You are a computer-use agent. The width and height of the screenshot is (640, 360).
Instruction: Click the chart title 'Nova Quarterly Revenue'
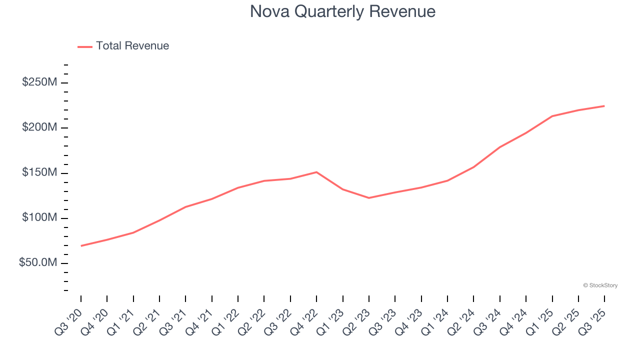(x=342, y=11)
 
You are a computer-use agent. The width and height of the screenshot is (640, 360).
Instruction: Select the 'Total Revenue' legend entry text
(x=132, y=46)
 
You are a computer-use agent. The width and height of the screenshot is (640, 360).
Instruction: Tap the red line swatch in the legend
(x=85, y=46)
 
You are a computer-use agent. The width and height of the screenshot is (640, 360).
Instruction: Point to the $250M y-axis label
(x=39, y=82)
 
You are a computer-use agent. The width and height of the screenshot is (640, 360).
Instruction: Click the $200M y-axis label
(x=39, y=128)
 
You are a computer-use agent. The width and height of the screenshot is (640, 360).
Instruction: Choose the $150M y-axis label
(x=39, y=173)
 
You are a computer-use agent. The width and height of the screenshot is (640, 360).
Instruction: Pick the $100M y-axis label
(x=39, y=218)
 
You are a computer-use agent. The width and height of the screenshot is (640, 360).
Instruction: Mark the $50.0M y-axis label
(x=38, y=263)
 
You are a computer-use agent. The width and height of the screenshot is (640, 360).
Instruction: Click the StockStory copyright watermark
(x=600, y=285)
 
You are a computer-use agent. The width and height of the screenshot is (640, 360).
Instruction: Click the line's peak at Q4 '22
(x=316, y=172)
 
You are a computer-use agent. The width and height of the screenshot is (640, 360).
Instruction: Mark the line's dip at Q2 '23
(x=369, y=198)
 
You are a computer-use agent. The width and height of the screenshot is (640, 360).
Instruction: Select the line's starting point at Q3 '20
(x=81, y=246)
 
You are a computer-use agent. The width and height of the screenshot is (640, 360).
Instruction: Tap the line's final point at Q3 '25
(x=604, y=106)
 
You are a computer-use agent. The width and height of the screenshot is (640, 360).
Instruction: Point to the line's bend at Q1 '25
(x=552, y=116)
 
